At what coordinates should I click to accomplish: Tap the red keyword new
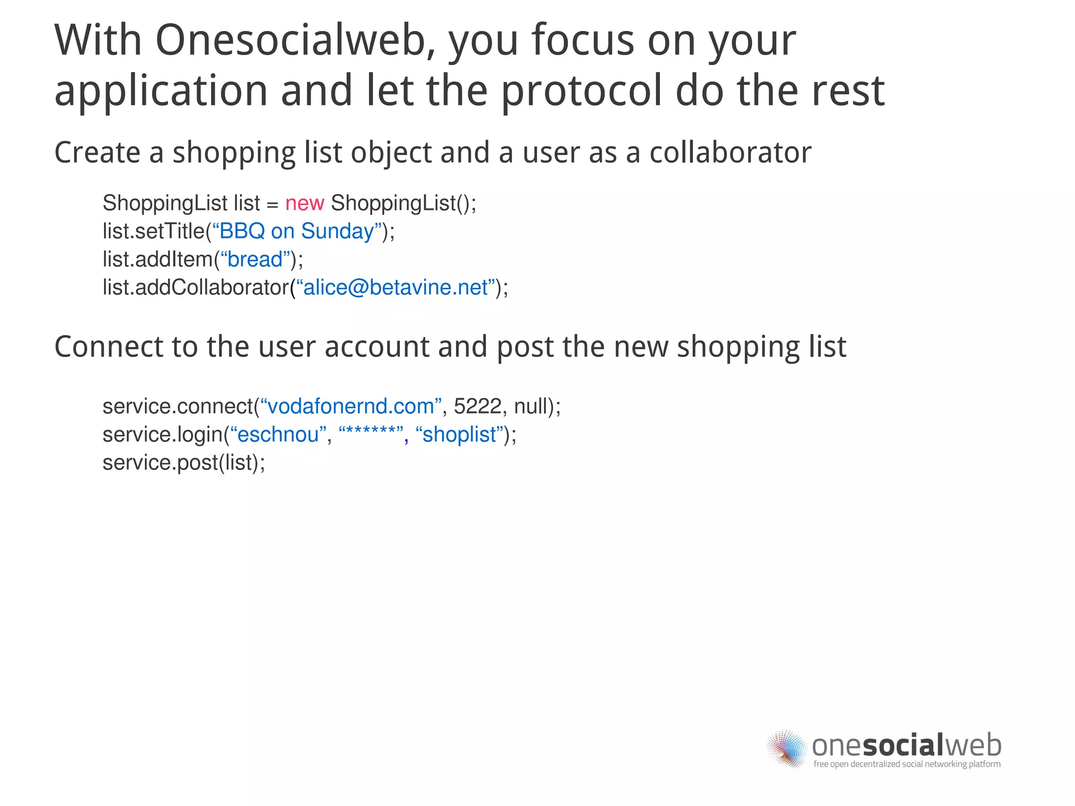[x=304, y=203]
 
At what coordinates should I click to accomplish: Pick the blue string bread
[x=255, y=259]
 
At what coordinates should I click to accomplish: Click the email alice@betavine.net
[x=396, y=288]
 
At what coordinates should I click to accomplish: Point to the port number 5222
[x=478, y=406]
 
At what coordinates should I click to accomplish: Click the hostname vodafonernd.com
[x=351, y=406]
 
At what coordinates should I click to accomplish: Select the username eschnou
[x=278, y=435]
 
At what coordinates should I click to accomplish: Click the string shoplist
[x=459, y=435]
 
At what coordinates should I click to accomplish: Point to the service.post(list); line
[x=184, y=463]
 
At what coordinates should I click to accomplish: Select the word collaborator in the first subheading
[x=730, y=153]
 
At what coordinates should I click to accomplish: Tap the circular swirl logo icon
[x=786, y=748]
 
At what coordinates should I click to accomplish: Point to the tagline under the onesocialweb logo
[x=907, y=764]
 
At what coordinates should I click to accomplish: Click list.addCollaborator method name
[x=195, y=288]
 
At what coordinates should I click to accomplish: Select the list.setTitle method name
[x=153, y=232]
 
